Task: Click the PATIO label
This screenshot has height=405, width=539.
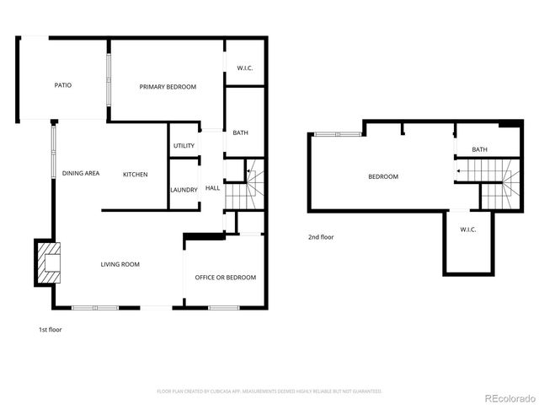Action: tap(62, 85)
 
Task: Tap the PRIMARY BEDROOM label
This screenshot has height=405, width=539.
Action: tap(168, 87)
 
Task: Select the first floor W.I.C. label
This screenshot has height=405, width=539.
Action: tap(245, 67)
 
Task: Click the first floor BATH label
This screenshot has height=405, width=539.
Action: tap(240, 132)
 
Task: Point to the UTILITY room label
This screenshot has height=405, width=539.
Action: tap(184, 146)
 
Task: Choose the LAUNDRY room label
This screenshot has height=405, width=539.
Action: tap(184, 190)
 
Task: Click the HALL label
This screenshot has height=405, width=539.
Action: tap(212, 188)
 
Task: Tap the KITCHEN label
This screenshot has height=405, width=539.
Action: tap(136, 175)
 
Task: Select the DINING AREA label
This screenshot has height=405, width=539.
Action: tap(81, 174)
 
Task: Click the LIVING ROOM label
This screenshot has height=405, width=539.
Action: tap(120, 265)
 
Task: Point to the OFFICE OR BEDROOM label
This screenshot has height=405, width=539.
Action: tap(225, 278)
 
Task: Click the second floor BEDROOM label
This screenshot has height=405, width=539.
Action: tap(383, 176)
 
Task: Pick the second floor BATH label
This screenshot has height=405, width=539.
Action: tap(479, 150)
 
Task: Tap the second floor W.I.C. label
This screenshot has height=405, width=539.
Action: tap(469, 229)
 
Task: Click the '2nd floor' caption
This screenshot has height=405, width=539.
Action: tap(320, 237)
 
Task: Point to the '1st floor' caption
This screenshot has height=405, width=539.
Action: tap(50, 330)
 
